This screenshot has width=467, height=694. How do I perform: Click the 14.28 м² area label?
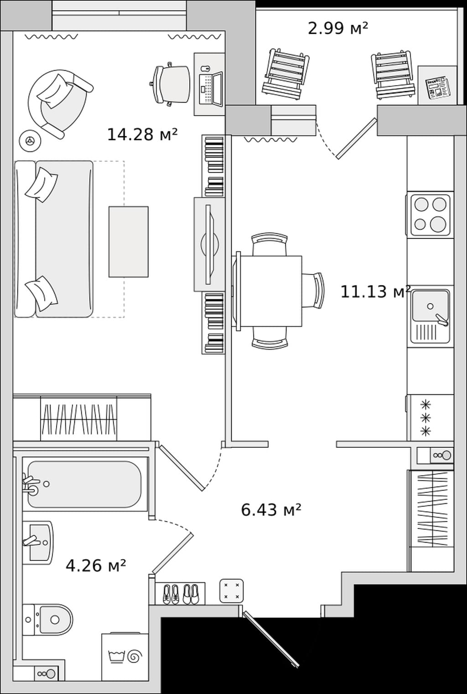tap(142, 135)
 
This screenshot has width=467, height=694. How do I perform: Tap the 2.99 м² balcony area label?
tap(338, 28)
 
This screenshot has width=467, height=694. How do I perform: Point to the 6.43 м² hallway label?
tap(271, 510)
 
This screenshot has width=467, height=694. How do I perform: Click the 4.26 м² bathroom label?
tap(96, 565)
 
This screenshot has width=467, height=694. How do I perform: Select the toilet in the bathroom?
tap(47, 620)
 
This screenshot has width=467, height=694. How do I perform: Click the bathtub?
tap(85, 484)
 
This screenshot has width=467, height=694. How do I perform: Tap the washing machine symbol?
tap(125, 656)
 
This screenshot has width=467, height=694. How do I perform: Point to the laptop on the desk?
tap(211, 89)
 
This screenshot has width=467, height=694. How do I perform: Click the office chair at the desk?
tap(170, 84)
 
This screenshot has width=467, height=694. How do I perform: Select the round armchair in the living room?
tap(59, 103)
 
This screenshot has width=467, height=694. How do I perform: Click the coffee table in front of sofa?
tap(128, 242)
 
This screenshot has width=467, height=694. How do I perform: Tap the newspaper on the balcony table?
tap(437, 88)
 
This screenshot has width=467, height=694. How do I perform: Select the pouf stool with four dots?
tap(232, 590)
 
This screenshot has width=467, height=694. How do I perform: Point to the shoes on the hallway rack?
tap(181, 594)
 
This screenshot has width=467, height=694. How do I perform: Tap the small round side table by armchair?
tap(30, 140)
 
